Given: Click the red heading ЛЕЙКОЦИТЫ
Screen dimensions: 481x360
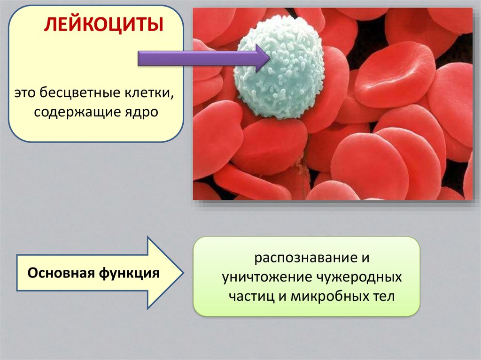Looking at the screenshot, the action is pos(104,24).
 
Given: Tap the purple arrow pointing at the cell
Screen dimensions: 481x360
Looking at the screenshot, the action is pos(204,58).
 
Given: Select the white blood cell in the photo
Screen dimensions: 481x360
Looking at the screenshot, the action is pos(279,68).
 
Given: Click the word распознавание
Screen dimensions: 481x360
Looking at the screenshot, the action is pos(303,258).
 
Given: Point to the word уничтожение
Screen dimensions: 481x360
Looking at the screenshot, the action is pos(267,277).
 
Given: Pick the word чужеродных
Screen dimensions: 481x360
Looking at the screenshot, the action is pos(358,277).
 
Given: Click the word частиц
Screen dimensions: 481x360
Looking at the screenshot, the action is pos(252,297).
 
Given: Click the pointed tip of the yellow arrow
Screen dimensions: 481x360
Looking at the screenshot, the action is pos(183,273).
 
